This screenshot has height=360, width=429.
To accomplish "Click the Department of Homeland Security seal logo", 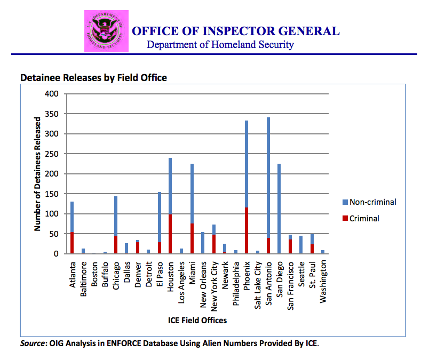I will point(106,31).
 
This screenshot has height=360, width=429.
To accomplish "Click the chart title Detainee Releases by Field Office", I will point(93,78).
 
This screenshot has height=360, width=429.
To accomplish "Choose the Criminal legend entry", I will point(364,219).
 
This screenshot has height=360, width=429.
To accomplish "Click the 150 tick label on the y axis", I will point(51,194).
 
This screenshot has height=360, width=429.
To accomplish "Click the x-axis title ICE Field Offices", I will point(197,321).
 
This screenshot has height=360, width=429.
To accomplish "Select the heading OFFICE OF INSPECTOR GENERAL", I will point(235,31).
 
